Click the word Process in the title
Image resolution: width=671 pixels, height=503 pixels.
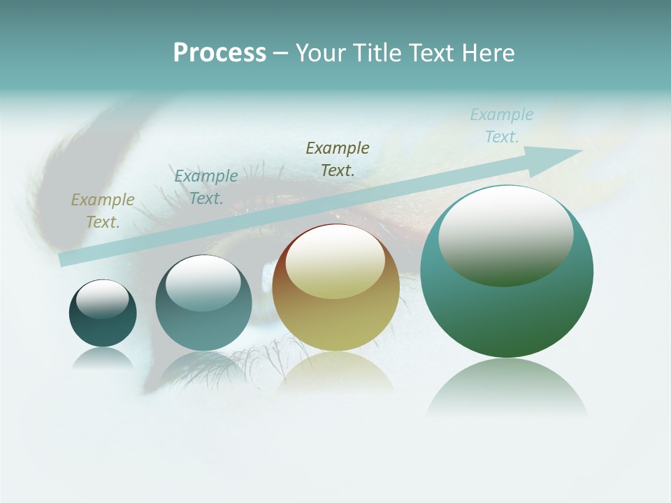219,53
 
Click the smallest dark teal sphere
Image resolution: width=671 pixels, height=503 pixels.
103,321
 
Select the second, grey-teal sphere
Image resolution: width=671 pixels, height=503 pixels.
203,311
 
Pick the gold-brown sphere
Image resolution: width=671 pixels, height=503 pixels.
336,307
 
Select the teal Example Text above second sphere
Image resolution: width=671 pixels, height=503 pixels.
205,187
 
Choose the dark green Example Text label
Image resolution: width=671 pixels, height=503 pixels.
338,159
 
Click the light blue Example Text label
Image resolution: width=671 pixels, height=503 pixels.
502,126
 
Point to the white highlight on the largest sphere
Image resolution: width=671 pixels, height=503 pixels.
505,234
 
